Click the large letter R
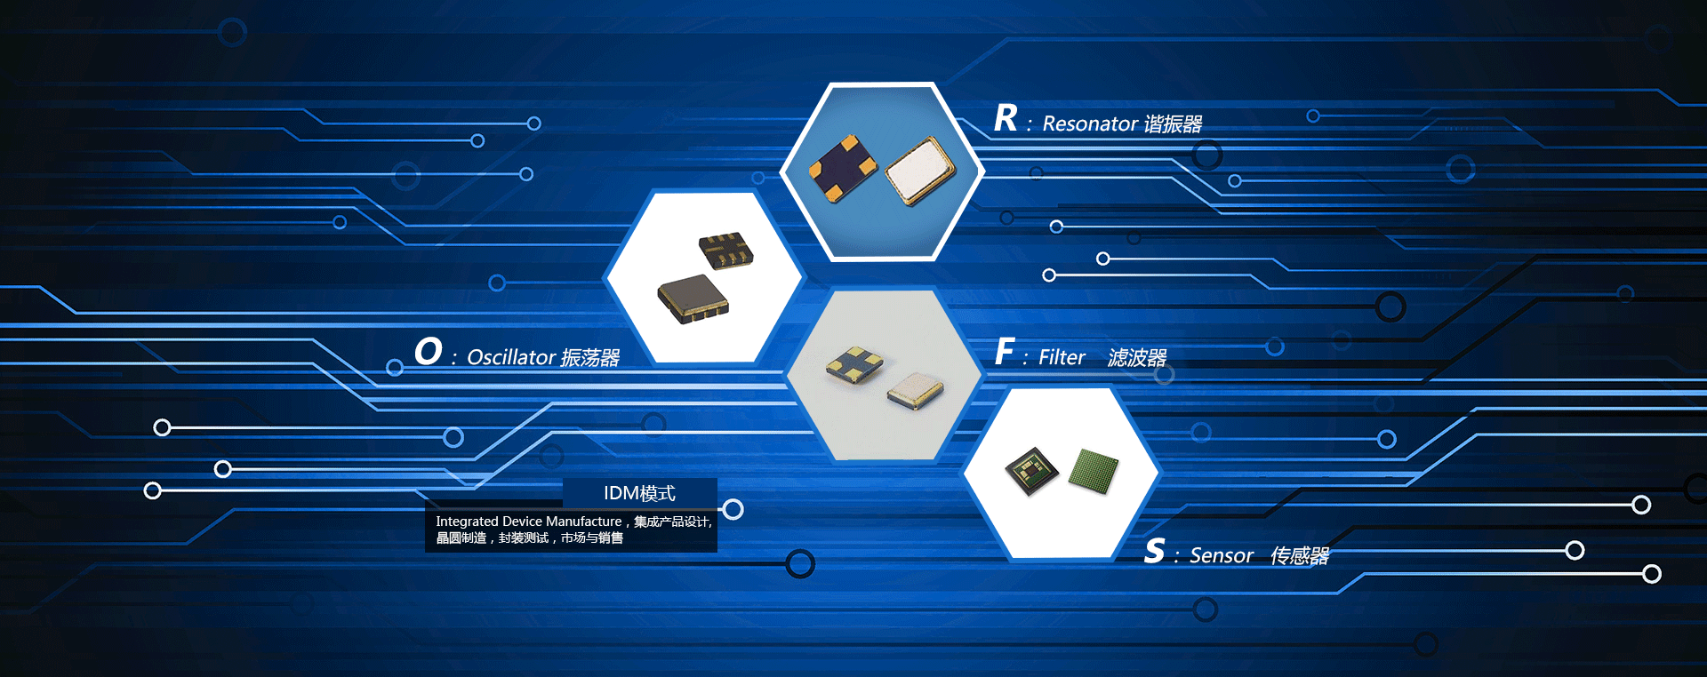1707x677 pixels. [x=1006, y=118]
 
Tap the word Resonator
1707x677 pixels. [x=1090, y=123]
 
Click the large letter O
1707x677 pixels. [x=428, y=351]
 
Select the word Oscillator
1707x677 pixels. [x=511, y=357]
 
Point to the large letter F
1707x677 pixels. [x=1004, y=352]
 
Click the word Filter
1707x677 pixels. [x=1062, y=357]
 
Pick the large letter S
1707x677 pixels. [x=1154, y=551]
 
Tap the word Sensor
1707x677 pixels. [x=1222, y=556]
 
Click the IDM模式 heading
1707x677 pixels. [x=639, y=493]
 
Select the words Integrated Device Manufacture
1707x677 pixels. [x=528, y=522]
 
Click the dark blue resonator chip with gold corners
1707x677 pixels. [x=842, y=168]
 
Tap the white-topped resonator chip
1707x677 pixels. [x=920, y=170]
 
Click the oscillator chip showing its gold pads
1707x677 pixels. [x=726, y=250]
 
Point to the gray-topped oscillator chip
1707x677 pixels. [x=693, y=299]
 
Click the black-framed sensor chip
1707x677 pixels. [x=1032, y=469]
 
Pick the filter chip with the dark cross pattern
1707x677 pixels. [x=854, y=364]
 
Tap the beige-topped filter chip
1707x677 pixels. [x=915, y=390]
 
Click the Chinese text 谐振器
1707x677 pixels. [x=1173, y=123]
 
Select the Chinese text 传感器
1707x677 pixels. [x=1299, y=556]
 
